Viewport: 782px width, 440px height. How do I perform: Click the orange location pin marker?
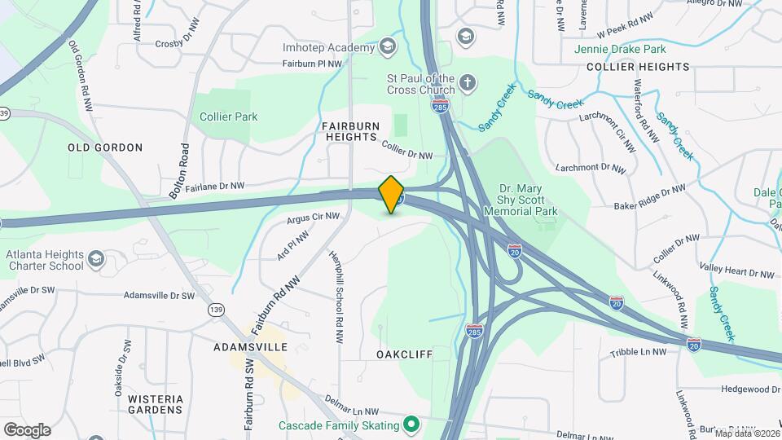(x=392, y=194)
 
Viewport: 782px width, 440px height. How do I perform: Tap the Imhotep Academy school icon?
(x=388, y=46)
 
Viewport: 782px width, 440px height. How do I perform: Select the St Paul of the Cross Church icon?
(x=467, y=82)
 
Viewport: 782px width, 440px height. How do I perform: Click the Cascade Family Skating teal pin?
(x=412, y=425)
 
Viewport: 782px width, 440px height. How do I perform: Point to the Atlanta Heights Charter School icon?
(x=97, y=259)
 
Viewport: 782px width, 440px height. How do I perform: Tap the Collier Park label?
(x=229, y=117)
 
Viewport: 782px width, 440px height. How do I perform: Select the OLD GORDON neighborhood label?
(x=105, y=147)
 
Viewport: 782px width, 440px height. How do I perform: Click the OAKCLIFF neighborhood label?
(x=404, y=354)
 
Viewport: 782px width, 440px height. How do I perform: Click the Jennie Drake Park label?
(x=638, y=49)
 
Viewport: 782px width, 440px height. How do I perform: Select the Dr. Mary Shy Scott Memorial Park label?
(x=521, y=200)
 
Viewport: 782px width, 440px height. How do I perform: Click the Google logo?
(x=27, y=430)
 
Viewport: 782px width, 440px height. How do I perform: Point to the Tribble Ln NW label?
(x=638, y=352)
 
